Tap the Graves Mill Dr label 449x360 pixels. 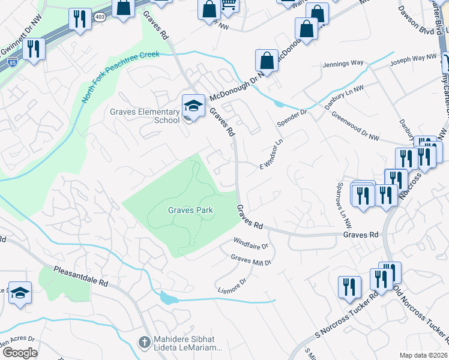(x=252, y=260)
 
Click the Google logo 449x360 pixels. (x=20, y=352)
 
